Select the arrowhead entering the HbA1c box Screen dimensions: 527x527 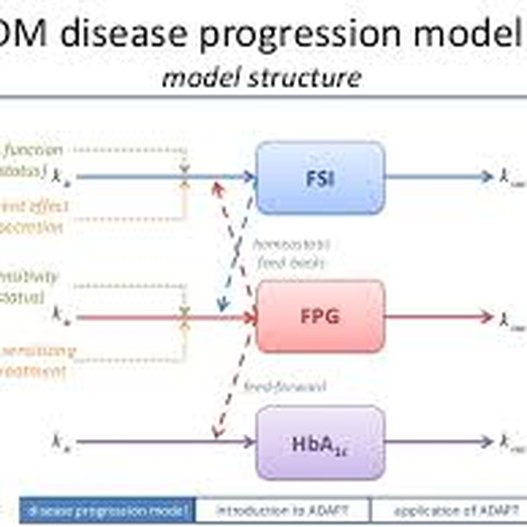pos(250,442)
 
